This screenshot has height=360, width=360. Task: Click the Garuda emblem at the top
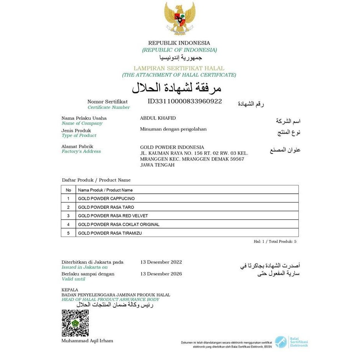[179, 19]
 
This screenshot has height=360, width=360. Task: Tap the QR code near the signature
[75, 323]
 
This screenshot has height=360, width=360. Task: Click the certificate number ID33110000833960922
[185, 101]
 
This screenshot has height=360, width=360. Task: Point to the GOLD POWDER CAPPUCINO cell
[106, 198]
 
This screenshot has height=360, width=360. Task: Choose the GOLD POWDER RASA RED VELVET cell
[113, 216]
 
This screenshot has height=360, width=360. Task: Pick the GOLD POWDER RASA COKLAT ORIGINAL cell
[118, 224]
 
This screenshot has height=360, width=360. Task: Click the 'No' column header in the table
[68, 190]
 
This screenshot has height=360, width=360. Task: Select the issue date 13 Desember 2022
[161, 262]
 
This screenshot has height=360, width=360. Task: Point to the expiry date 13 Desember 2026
[161, 274]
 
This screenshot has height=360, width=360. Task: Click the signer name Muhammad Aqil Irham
[87, 341]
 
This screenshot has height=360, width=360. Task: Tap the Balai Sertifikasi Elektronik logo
[291, 342]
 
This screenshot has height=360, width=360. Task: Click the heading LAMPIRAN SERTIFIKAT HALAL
[179, 68]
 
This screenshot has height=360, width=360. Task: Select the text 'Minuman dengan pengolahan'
[173, 129]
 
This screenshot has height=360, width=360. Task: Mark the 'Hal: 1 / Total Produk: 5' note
[275, 242]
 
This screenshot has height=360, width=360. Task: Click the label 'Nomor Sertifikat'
[107, 101]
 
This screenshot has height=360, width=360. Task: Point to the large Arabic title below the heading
[177, 88]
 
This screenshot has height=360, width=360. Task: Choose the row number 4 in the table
[68, 224]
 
